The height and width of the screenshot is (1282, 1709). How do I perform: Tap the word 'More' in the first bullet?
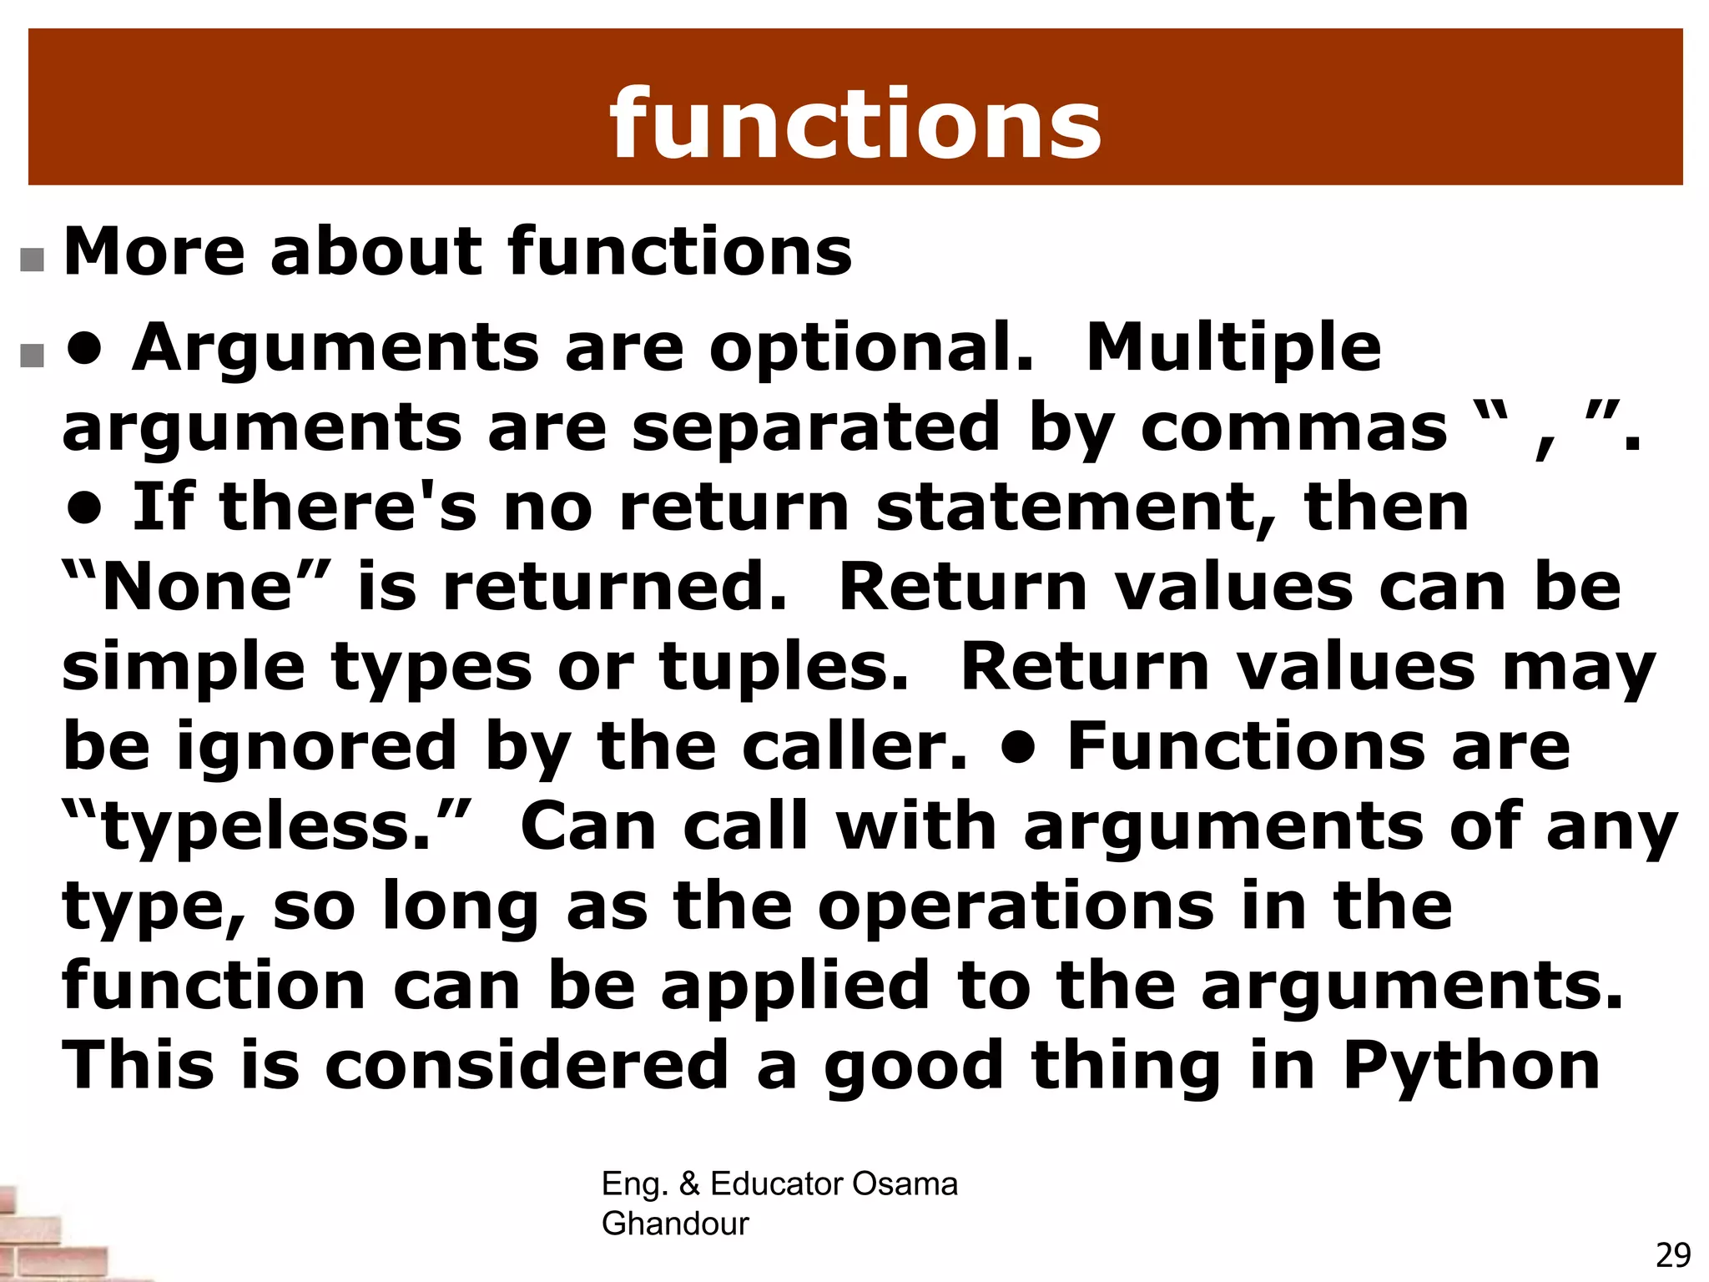click(x=154, y=251)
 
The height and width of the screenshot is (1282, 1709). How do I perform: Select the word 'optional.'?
click(x=871, y=347)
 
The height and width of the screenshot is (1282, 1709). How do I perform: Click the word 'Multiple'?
click(x=1233, y=347)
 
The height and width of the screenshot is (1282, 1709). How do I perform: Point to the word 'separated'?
click(x=815, y=427)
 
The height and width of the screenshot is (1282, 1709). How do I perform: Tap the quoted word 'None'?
click(x=197, y=588)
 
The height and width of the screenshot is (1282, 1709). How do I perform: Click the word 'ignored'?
click(x=317, y=747)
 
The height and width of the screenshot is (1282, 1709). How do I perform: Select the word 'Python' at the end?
click(x=1472, y=1067)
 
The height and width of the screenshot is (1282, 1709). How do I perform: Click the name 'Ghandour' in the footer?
click(x=675, y=1224)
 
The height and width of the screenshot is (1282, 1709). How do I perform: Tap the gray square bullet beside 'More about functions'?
click(x=32, y=260)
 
